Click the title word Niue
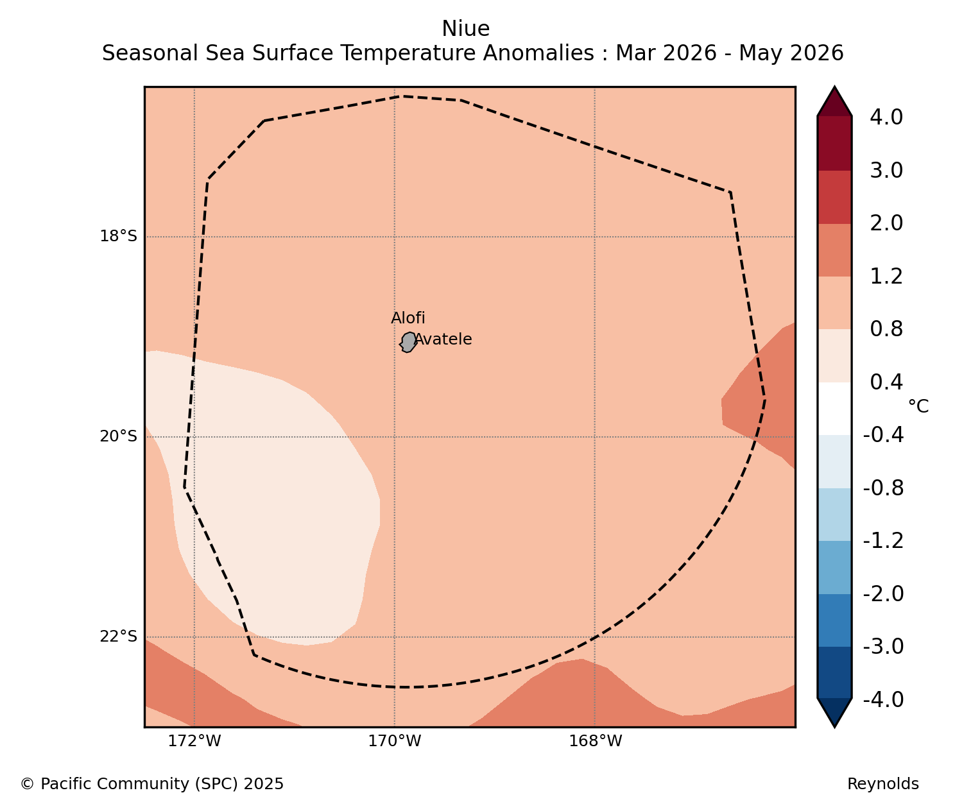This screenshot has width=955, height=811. [466, 29]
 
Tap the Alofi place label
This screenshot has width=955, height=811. [408, 318]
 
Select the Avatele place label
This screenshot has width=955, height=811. [443, 339]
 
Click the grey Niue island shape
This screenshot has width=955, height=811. [408, 342]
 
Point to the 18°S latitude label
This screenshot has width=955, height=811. [119, 236]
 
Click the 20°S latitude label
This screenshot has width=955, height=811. [119, 436]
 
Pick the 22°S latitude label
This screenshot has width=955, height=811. [119, 637]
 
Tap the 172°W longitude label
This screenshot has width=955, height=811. [194, 741]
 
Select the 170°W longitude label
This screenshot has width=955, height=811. [395, 741]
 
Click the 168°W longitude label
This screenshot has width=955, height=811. [595, 741]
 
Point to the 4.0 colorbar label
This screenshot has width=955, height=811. [886, 117]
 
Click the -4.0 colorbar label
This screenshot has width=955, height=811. [883, 700]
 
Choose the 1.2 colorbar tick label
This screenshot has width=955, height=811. [886, 277]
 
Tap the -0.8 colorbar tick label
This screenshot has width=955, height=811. [883, 488]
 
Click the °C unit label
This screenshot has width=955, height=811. [918, 406]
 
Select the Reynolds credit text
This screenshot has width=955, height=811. [883, 784]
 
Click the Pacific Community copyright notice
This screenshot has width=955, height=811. [152, 784]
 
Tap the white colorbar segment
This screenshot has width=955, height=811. [834, 409]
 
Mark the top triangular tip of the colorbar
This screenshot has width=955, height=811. [834, 87]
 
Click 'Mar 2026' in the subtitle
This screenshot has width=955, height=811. [666, 53]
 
